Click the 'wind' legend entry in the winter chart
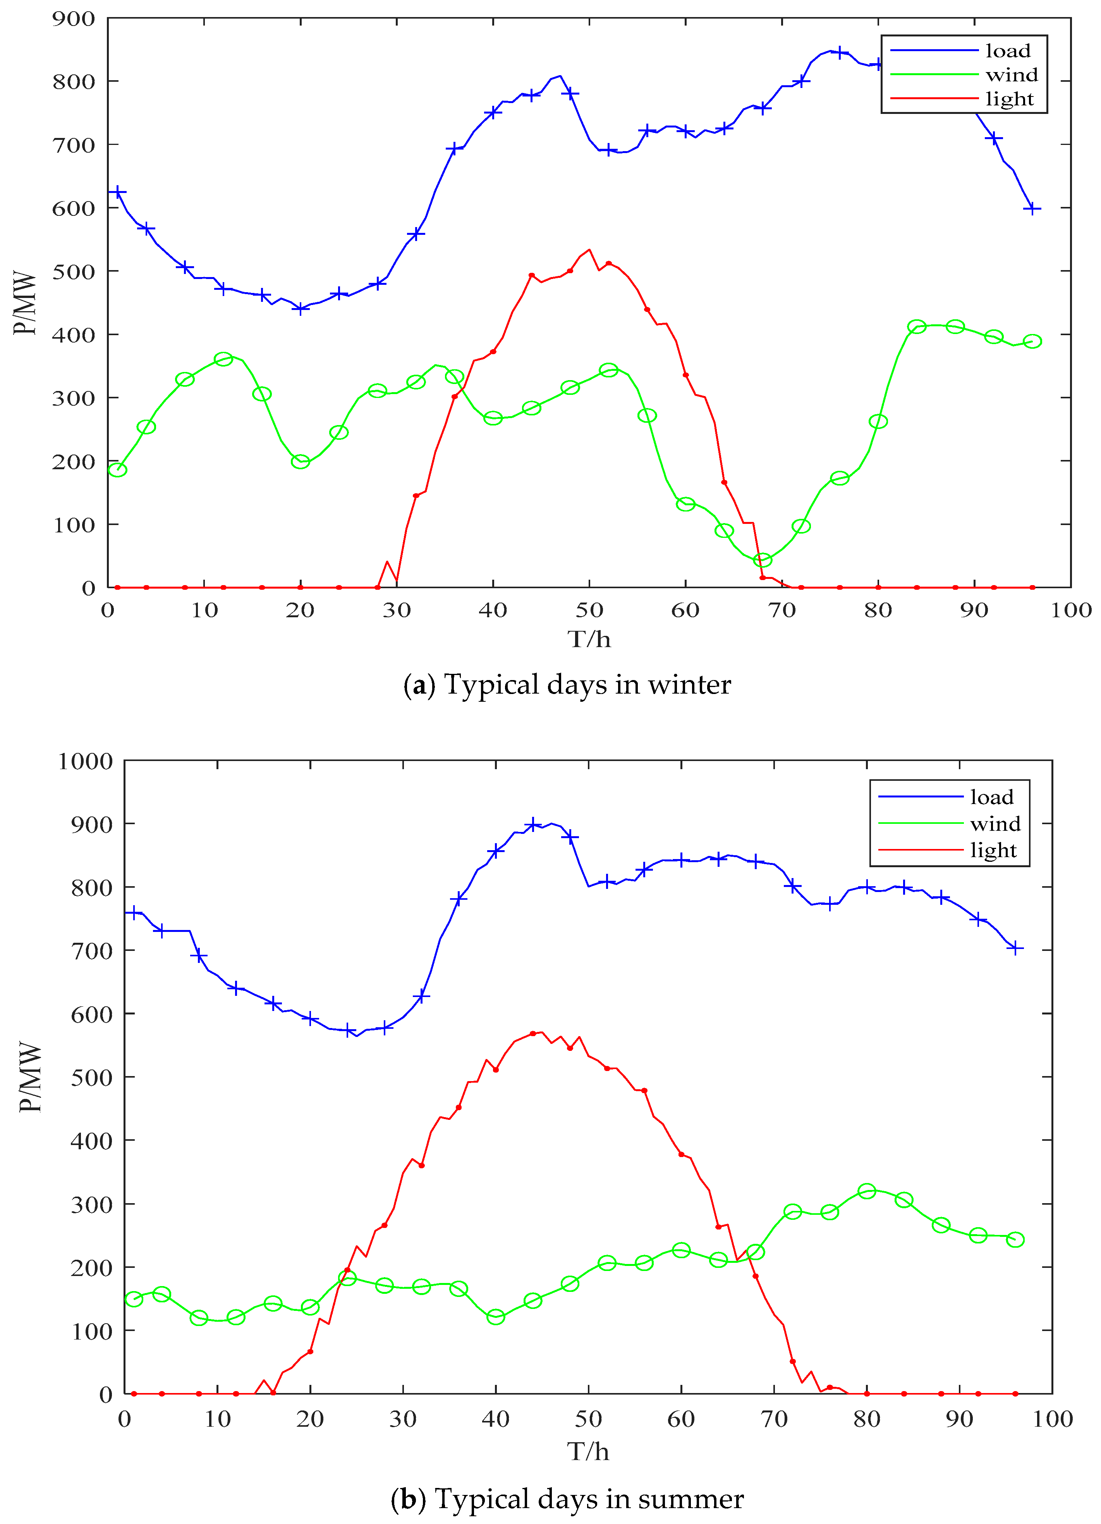click(1011, 74)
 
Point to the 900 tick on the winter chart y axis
click(74, 19)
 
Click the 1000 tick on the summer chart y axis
click(85, 761)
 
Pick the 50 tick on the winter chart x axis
click(589, 610)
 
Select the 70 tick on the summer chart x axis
click(774, 1419)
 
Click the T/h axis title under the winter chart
click(589, 639)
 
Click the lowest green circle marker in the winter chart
click(763, 560)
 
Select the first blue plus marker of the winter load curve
click(118, 193)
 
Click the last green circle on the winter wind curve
click(1032, 341)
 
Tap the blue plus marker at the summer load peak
click(533, 825)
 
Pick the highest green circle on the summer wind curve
click(867, 1191)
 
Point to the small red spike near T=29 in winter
click(387, 562)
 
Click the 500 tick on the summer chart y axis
click(85, 1077)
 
